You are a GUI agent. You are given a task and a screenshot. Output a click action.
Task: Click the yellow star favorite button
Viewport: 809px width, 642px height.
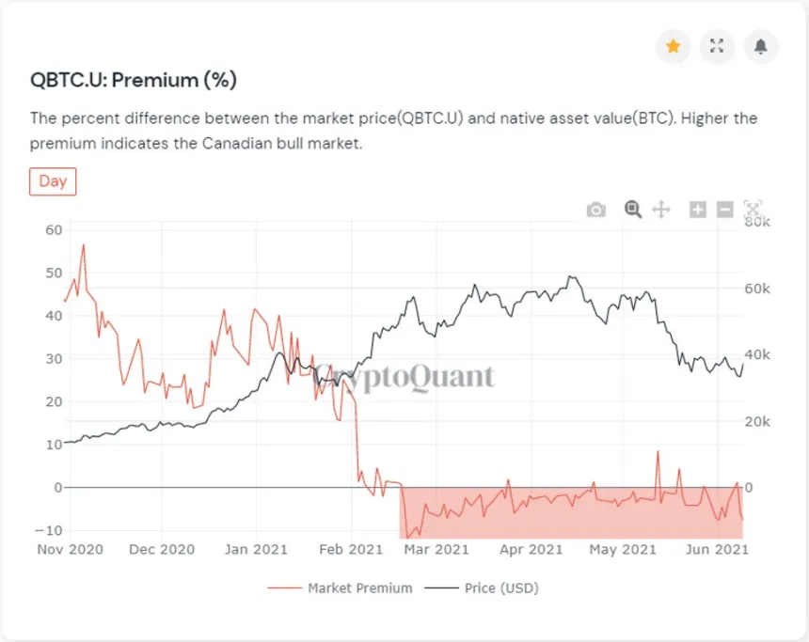[674, 46]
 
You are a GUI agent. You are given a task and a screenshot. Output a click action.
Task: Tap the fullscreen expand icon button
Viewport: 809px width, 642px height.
[717, 46]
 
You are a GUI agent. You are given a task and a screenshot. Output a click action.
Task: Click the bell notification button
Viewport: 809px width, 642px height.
[761, 46]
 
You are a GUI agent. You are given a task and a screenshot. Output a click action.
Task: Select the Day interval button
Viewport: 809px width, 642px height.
[53, 181]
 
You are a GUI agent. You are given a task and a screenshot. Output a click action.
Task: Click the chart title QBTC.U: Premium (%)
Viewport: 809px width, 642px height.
[133, 81]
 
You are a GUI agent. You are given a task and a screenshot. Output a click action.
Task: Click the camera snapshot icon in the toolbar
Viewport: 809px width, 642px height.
[596, 210]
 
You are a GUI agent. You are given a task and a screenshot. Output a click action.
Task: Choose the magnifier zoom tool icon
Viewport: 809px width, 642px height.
[633, 210]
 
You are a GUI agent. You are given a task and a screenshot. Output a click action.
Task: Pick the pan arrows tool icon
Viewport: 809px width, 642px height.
[661, 210]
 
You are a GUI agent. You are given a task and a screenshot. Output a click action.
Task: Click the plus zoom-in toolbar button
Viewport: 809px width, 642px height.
[698, 210]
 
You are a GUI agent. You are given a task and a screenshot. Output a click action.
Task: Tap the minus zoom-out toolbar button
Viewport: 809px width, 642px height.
[724, 210]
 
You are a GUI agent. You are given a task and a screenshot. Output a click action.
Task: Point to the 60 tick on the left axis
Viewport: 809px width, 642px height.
[53, 229]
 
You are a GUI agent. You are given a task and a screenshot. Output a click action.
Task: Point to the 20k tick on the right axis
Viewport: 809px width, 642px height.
[757, 422]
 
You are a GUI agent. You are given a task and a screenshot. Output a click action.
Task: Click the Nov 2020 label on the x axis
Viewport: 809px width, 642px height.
[70, 549]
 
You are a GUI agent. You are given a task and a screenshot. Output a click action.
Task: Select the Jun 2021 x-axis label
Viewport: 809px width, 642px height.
[718, 549]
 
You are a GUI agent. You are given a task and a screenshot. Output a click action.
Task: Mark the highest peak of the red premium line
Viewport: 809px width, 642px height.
[83, 245]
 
